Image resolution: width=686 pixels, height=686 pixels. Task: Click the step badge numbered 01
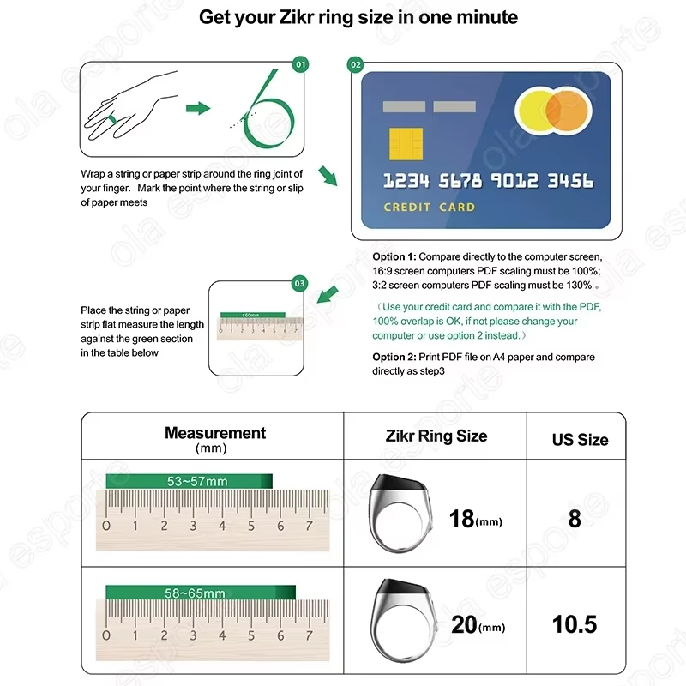(300, 64)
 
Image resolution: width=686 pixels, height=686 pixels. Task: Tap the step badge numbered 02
(356, 64)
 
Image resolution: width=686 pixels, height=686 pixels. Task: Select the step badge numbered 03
(299, 283)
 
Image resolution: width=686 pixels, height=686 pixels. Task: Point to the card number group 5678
(460, 181)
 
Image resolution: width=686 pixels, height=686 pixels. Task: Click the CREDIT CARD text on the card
(429, 207)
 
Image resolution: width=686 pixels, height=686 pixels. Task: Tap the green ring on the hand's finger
(111, 122)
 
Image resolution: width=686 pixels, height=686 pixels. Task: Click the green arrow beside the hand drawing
(198, 108)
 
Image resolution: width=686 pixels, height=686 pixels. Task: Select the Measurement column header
(215, 434)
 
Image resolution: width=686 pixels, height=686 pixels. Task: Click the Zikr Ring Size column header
(436, 436)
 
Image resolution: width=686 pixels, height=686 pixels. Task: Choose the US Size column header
(580, 439)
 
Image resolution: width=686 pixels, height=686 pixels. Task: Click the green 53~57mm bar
(189, 482)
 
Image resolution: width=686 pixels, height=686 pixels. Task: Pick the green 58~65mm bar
(200, 593)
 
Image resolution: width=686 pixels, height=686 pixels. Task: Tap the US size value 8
(575, 519)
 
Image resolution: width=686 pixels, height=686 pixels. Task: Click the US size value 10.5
(575, 623)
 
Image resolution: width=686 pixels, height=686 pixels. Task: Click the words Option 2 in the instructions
(394, 357)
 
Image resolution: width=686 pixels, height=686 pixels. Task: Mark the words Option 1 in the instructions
(394, 257)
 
